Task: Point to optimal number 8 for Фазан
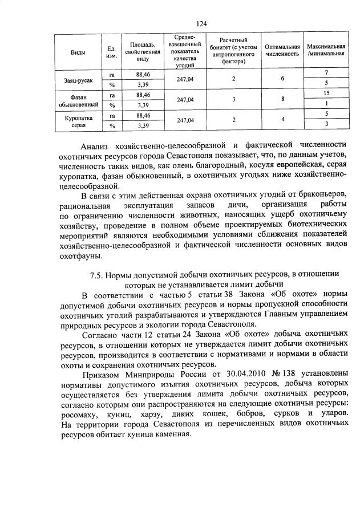tap(282, 99)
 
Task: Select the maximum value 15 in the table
tap(326, 93)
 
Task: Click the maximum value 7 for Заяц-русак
tap(326, 73)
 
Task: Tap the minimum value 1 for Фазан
tap(326, 104)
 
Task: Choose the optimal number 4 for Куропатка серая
tap(282, 120)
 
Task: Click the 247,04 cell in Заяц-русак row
tap(185, 79)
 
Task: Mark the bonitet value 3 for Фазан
tap(233, 99)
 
